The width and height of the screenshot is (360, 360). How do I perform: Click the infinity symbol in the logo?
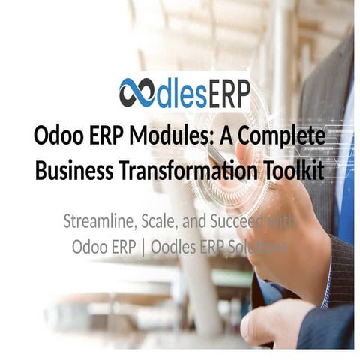(136, 94)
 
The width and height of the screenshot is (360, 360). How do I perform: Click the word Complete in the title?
(283, 138)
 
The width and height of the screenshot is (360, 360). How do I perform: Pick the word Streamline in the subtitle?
(98, 223)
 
